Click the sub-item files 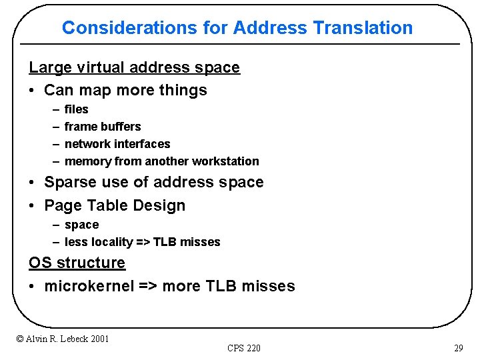point(76,109)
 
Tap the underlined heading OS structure point(77,263)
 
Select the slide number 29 point(458,348)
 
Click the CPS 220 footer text point(243,348)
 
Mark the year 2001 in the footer point(98,339)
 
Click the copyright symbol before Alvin point(20,339)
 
